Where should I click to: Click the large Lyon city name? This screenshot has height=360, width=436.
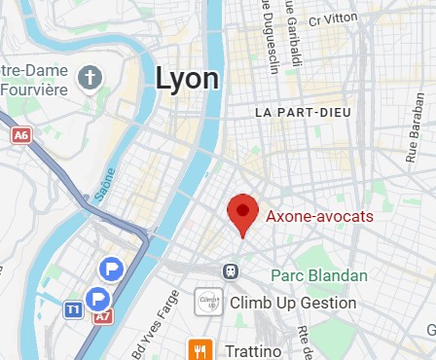coord(187,78)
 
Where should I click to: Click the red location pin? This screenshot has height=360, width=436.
coord(242,213)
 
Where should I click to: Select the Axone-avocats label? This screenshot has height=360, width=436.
coord(319,216)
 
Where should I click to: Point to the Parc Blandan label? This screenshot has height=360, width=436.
coord(319,275)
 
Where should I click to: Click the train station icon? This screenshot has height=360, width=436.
coord(231,270)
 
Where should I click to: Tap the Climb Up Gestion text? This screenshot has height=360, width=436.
coord(294,303)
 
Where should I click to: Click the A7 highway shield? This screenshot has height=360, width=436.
coord(102,317)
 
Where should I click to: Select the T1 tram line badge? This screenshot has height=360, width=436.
coord(73,309)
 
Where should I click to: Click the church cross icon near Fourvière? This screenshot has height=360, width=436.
coord(91,77)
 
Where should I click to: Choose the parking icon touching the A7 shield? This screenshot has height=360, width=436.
coord(98,299)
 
